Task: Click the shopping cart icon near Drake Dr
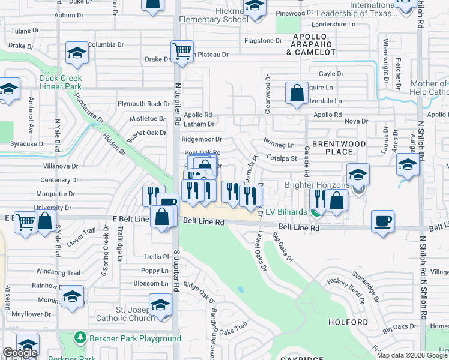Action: click(x=181, y=51)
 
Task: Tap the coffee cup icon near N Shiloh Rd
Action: click(x=382, y=220)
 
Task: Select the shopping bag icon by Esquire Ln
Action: click(x=297, y=94)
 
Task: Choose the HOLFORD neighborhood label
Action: click(x=348, y=322)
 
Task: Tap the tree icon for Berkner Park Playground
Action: click(x=80, y=338)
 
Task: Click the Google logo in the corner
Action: click(x=19, y=353)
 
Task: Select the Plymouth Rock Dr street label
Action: click(x=144, y=104)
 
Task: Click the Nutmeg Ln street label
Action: click(x=279, y=145)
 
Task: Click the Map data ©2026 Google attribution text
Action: click(x=412, y=355)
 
